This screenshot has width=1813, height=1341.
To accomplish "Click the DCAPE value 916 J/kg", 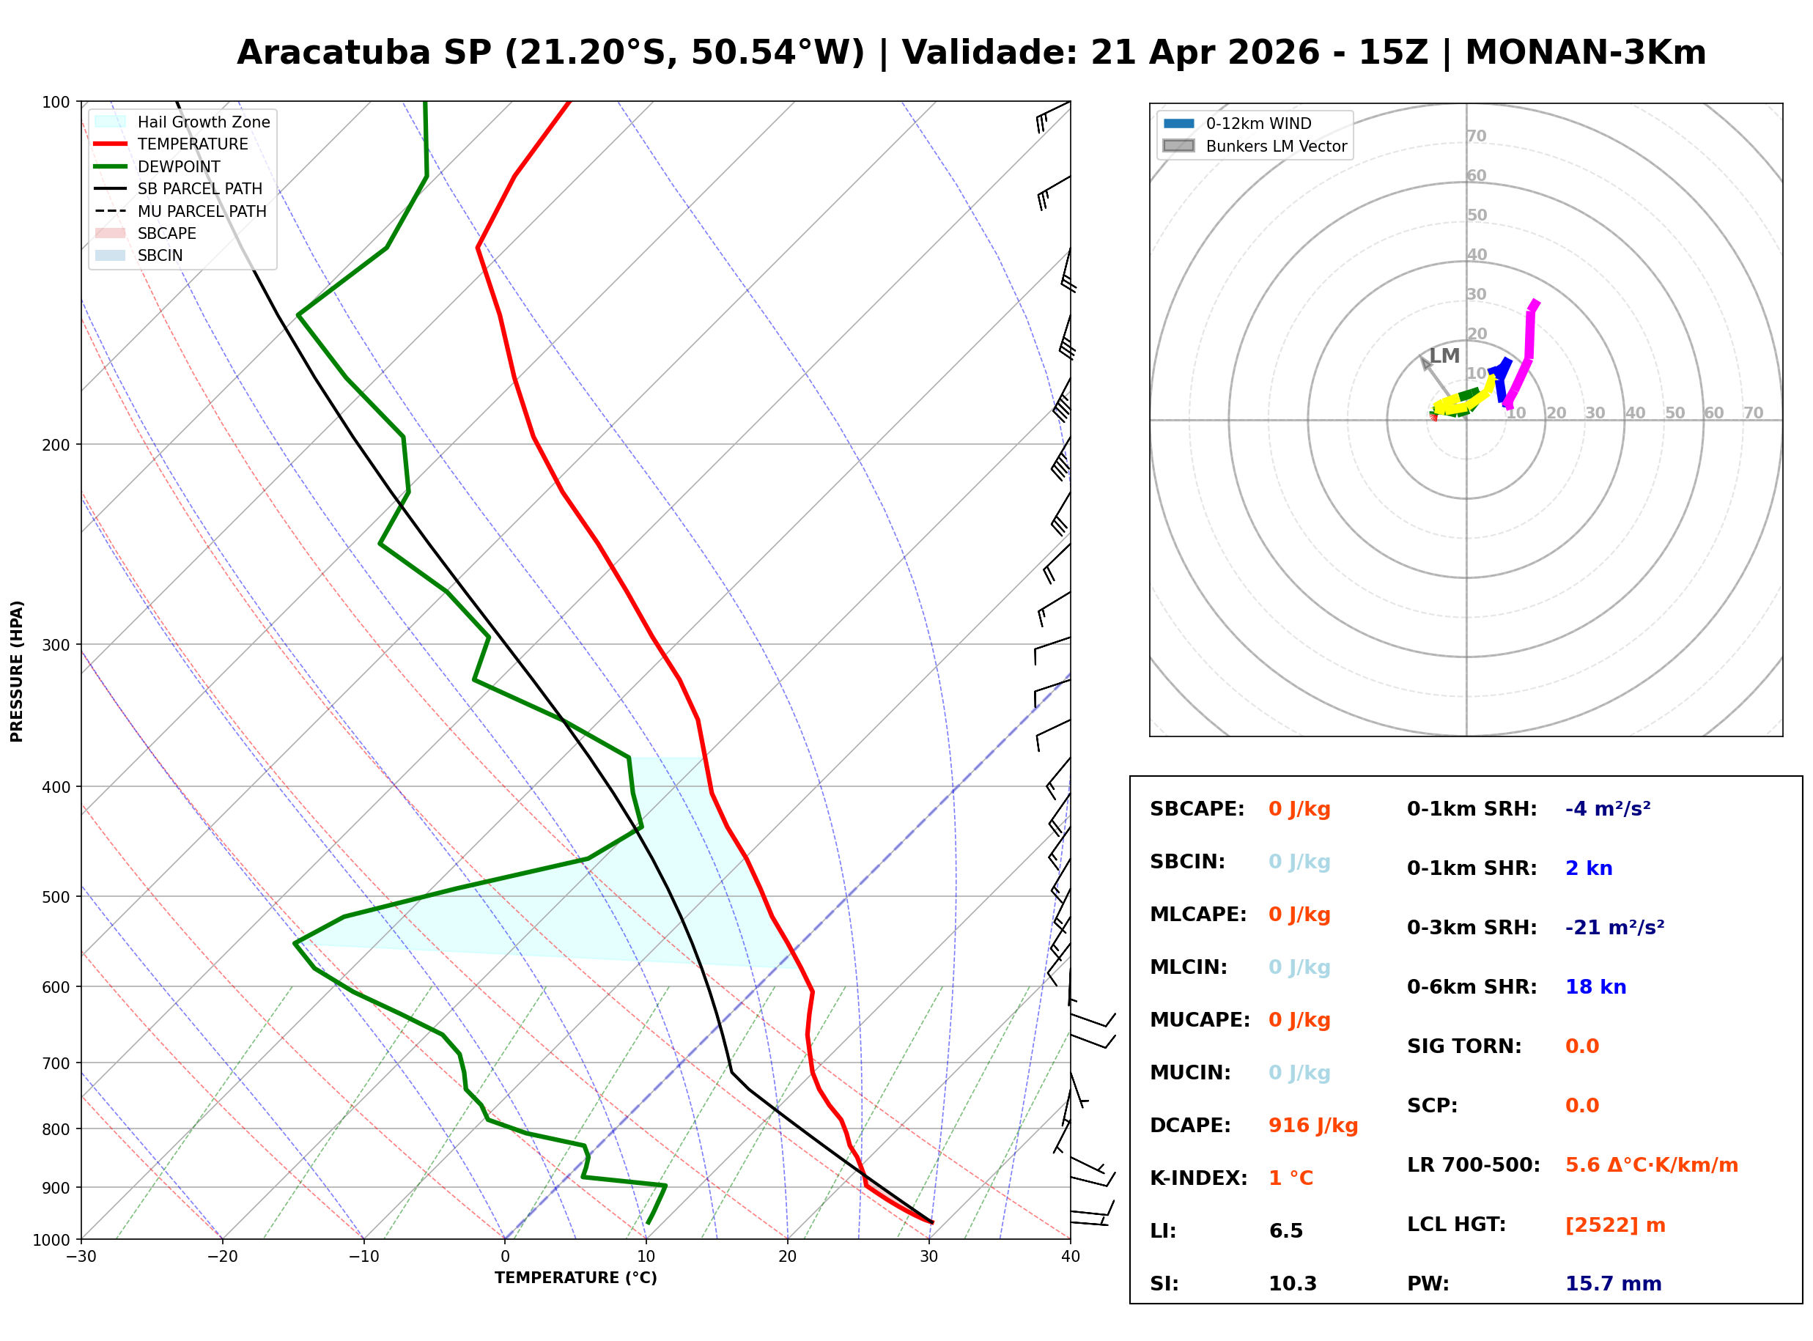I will (1312, 1125).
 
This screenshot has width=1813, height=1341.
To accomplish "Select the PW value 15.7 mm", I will (1612, 1283).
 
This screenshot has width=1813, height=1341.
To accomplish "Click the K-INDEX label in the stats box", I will (1198, 1178).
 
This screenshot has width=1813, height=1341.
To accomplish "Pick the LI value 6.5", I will (1285, 1230).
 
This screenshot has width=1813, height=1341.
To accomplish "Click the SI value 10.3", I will (1292, 1283).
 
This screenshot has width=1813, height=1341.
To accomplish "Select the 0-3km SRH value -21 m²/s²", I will (1614, 927).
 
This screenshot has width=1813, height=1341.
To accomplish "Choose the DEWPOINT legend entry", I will (179, 166).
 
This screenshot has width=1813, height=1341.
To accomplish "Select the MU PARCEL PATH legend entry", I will (202, 211).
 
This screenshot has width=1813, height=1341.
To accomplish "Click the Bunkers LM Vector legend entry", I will (1275, 146).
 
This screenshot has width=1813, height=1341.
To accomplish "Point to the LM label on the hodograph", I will (1444, 355).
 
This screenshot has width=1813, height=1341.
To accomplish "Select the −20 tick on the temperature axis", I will (221, 1257).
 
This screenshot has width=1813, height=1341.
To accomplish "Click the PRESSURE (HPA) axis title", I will (17, 670).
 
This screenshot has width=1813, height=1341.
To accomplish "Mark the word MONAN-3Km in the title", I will (1585, 53).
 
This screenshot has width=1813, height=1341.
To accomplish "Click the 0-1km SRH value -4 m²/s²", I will (1607, 808).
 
